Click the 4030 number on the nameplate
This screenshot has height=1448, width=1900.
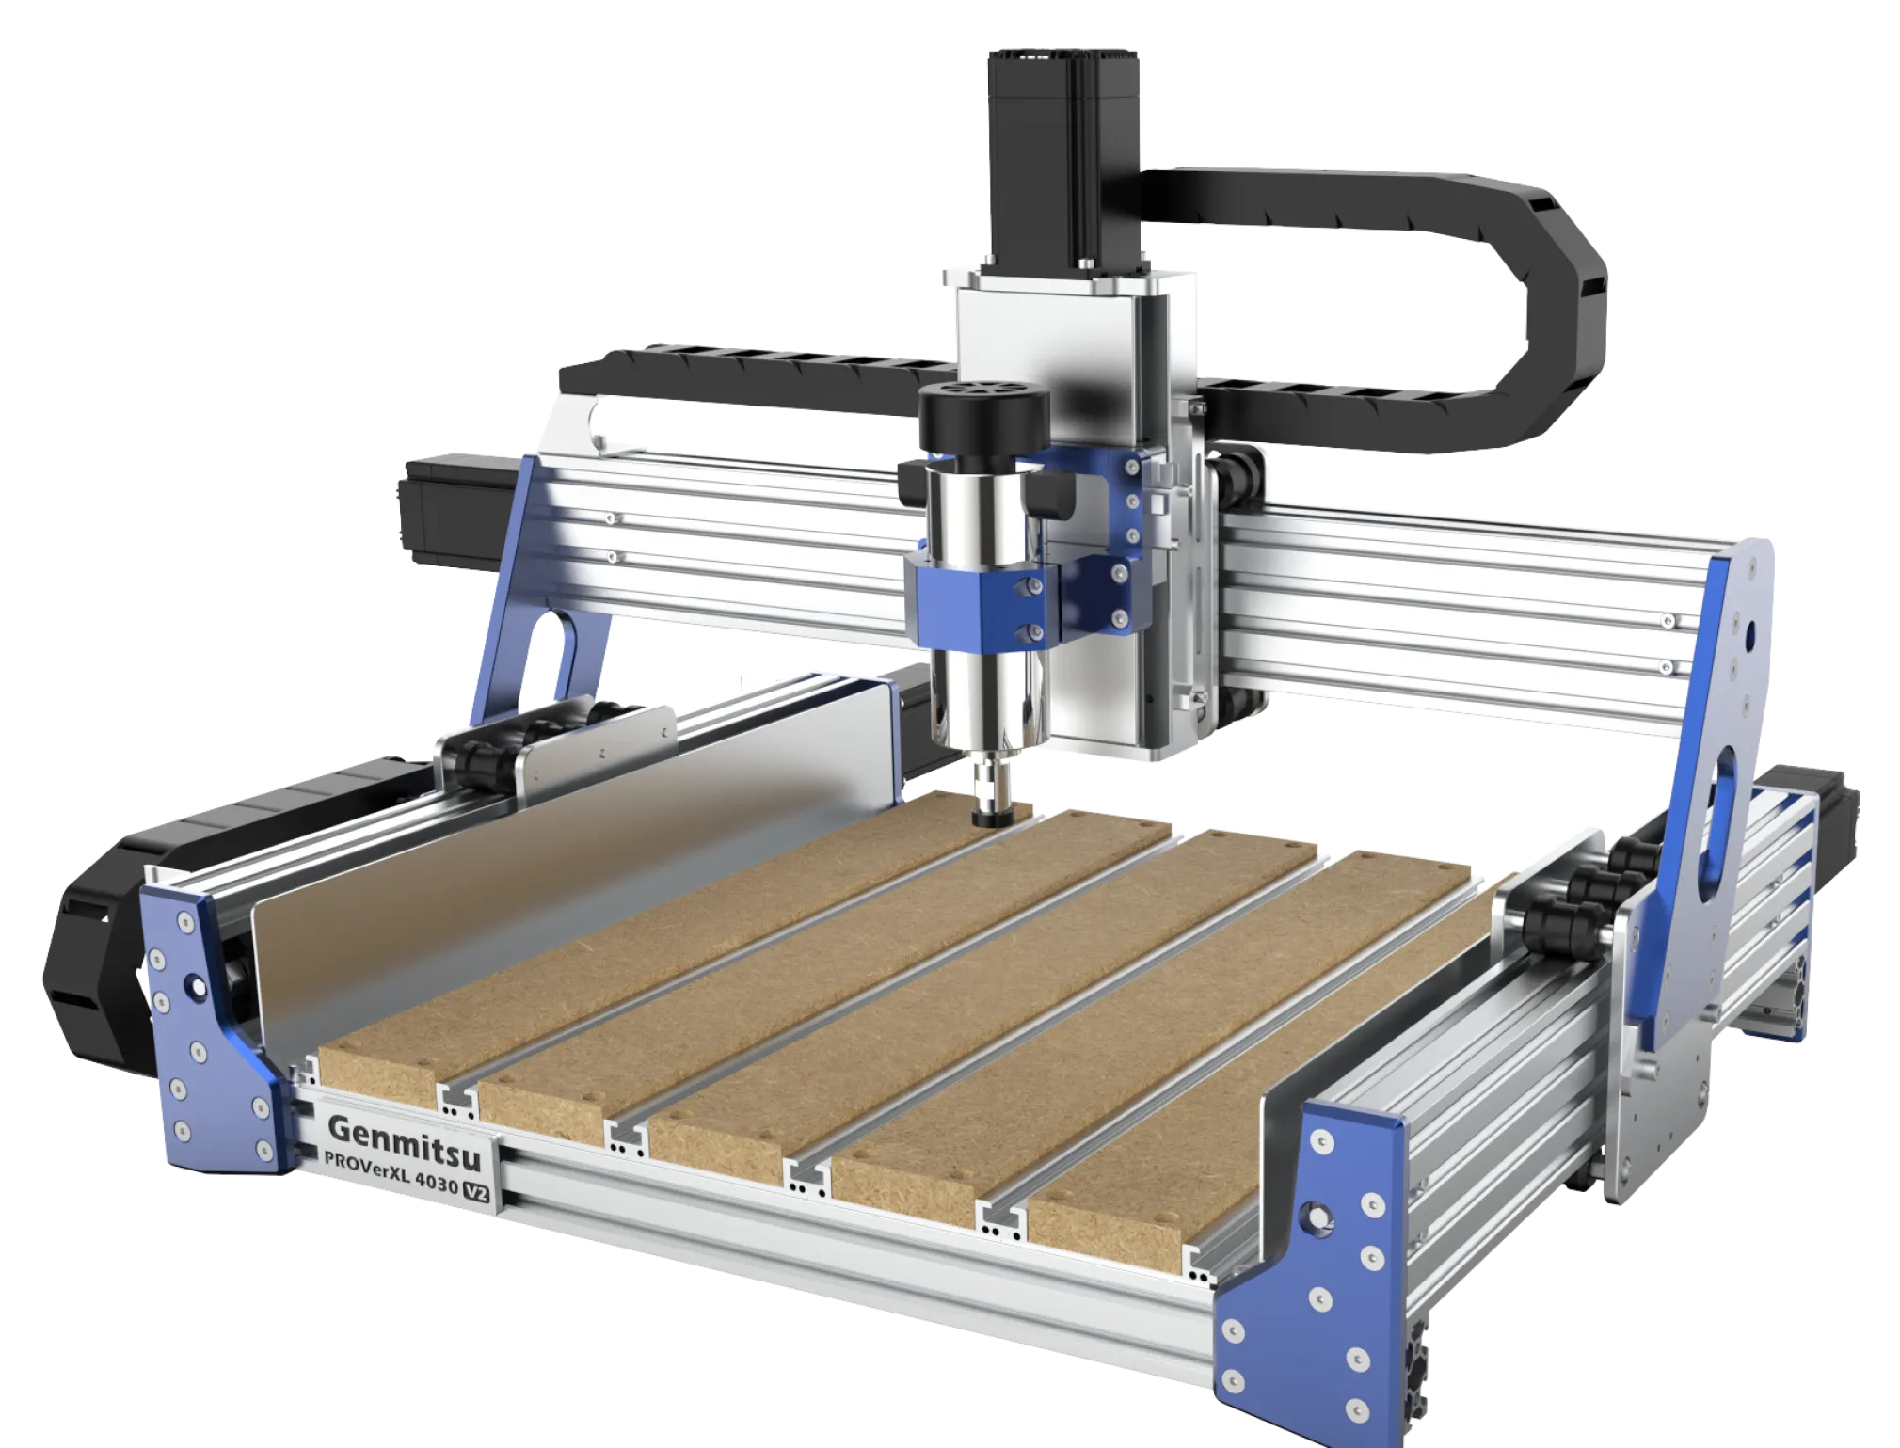tap(436, 1181)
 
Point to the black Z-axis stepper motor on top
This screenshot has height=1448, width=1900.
tap(1063, 160)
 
